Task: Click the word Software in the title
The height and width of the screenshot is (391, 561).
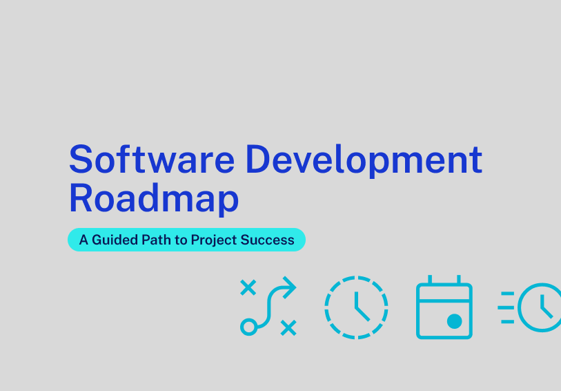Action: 151,159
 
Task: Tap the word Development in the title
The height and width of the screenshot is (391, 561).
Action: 364,161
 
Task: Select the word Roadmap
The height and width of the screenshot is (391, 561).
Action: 153,199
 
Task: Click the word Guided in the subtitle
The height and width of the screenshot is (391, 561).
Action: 115,240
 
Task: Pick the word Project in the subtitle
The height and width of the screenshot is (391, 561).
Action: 214,240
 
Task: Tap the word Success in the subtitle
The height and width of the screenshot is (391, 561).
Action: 267,240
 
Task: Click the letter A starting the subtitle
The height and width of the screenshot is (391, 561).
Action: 83,240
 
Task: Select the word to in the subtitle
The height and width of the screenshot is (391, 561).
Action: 181,240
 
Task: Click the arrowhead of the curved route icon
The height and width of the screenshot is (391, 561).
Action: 291,287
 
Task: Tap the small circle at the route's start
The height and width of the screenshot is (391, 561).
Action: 248,327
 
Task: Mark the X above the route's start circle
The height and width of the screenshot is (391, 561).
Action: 248,287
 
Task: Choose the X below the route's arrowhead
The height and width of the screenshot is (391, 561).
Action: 288,327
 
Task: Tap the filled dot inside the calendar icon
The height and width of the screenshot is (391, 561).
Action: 454,321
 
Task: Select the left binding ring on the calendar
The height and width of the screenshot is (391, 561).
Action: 430,280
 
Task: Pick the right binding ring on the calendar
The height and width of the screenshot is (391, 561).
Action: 459,280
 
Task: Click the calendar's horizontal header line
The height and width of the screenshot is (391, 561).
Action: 444,301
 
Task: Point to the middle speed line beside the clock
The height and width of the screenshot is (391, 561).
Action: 506,307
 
